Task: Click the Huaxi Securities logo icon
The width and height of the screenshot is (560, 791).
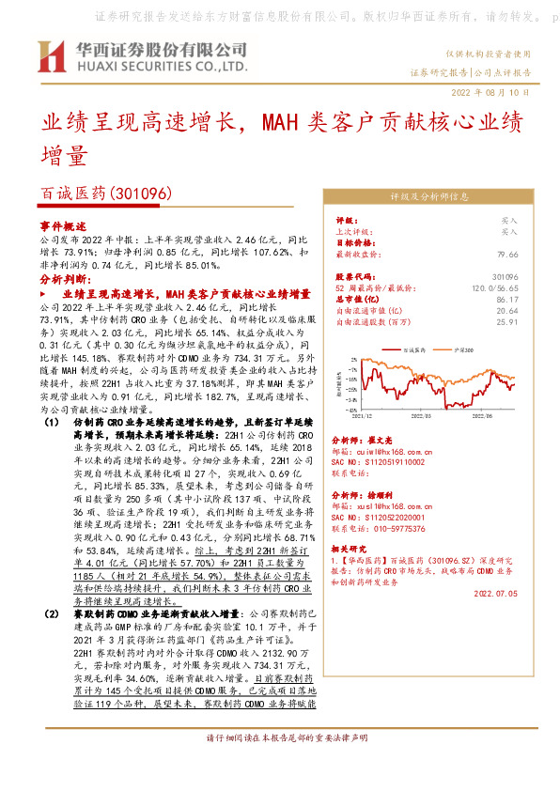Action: (x=51, y=57)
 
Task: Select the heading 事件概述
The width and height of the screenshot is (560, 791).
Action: (x=62, y=227)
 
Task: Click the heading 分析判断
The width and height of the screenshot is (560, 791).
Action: (x=62, y=280)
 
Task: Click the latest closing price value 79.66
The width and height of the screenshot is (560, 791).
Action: (x=533, y=254)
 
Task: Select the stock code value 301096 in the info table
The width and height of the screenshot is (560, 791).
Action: (x=531, y=276)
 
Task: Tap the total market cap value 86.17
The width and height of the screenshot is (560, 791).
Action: (x=533, y=299)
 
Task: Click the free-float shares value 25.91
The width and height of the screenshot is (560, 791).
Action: (x=533, y=321)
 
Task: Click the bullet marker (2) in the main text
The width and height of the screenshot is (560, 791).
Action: (x=53, y=613)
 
